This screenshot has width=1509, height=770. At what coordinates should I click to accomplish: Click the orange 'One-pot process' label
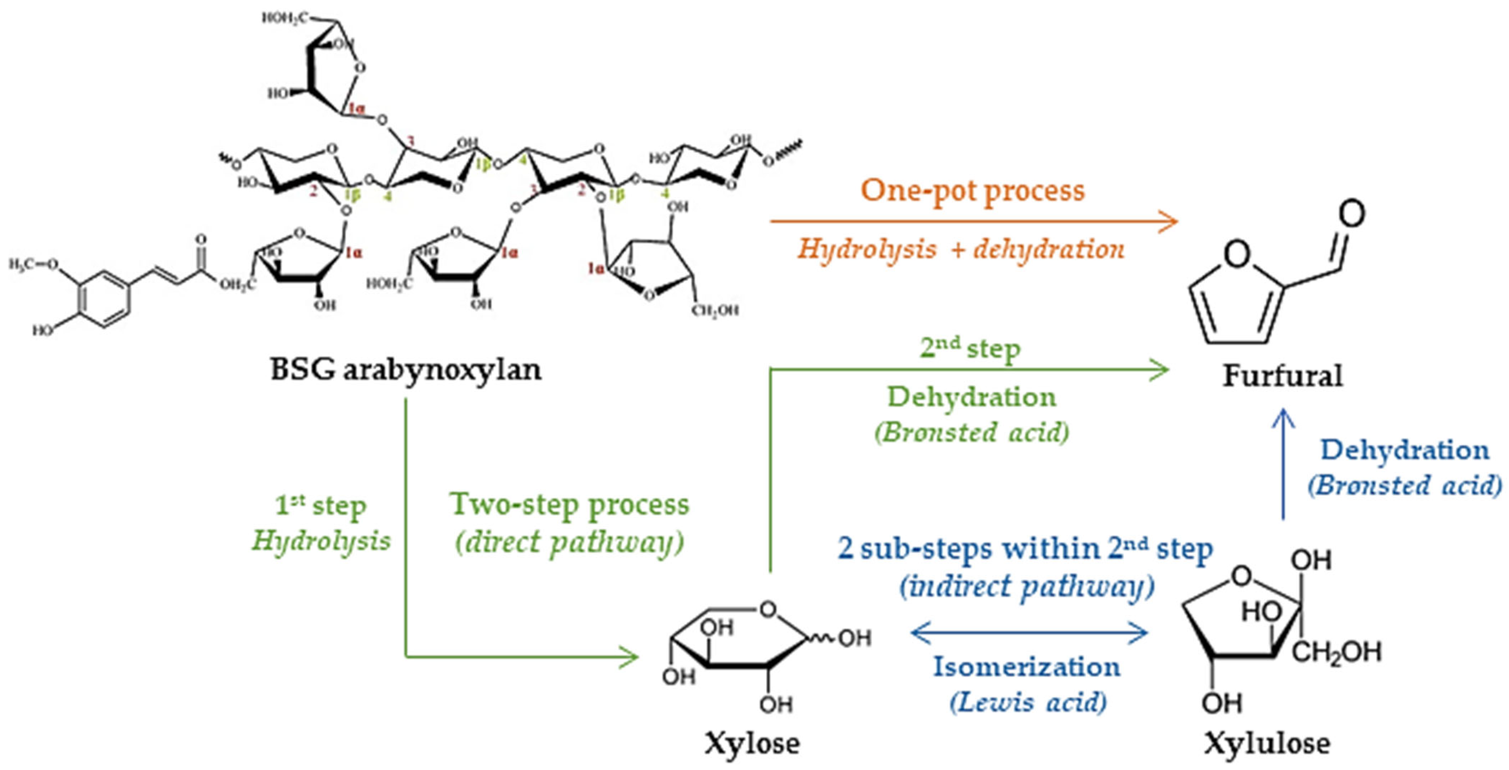(x=972, y=191)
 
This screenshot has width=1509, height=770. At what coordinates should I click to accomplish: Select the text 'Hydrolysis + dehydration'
(x=961, y=250)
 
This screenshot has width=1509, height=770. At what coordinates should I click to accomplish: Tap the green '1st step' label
(x=321, y=506)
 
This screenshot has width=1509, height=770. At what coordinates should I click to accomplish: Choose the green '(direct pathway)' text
(x=569, y=542)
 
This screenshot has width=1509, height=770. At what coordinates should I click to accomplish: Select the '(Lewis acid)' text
(x=1028, y=702)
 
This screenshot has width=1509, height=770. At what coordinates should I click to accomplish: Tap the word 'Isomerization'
(x=1026, y=667)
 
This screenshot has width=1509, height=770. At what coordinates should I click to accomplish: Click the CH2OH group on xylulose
(x=1336, y=652)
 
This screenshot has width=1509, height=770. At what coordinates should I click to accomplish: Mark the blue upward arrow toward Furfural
(x=1283, y=463)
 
